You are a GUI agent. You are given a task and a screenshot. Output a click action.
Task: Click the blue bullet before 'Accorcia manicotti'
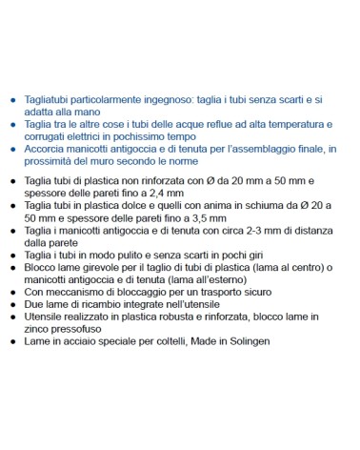coord(11,149)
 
